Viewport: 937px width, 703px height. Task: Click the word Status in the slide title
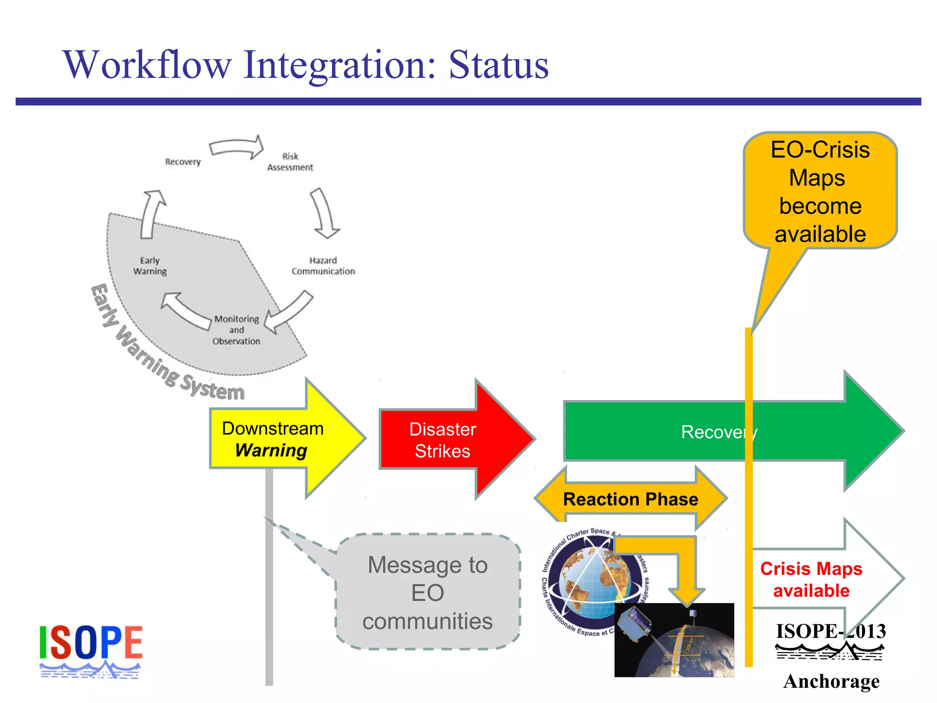[x=498, y=65]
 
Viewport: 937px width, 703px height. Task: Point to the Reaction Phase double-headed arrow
[x=630, y=499]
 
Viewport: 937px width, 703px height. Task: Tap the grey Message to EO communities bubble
[x=428, y=592]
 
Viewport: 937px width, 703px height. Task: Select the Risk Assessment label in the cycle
[x=290, y=162]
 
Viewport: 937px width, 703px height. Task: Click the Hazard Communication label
[x=323, y=266]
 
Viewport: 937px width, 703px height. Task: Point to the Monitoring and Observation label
[x=236, y=330]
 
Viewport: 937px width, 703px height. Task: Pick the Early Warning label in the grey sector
[x=150, y=266]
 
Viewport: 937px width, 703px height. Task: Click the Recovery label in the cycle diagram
[x=183, y=162]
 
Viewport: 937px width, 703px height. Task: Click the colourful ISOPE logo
[x=91, y=650]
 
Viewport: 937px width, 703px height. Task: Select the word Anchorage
[x=831, y=681]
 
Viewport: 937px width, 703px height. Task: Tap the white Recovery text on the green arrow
[x=718, y=432]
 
